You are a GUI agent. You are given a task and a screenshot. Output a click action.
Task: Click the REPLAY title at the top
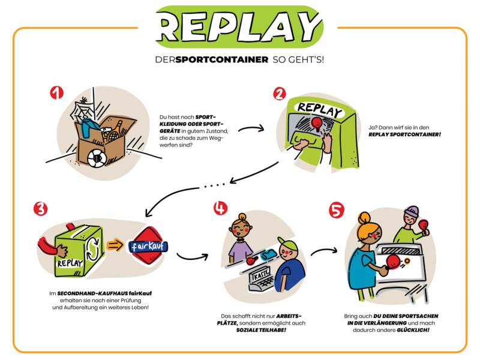(x=240, y=27)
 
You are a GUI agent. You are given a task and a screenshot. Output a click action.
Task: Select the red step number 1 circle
(x=56, y=93)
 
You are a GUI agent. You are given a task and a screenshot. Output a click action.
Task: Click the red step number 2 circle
(x=279, y=94)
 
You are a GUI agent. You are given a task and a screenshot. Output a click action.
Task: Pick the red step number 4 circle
(x=221, y=209)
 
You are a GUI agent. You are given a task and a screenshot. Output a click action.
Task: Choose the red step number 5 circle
(x=337, y=210)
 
